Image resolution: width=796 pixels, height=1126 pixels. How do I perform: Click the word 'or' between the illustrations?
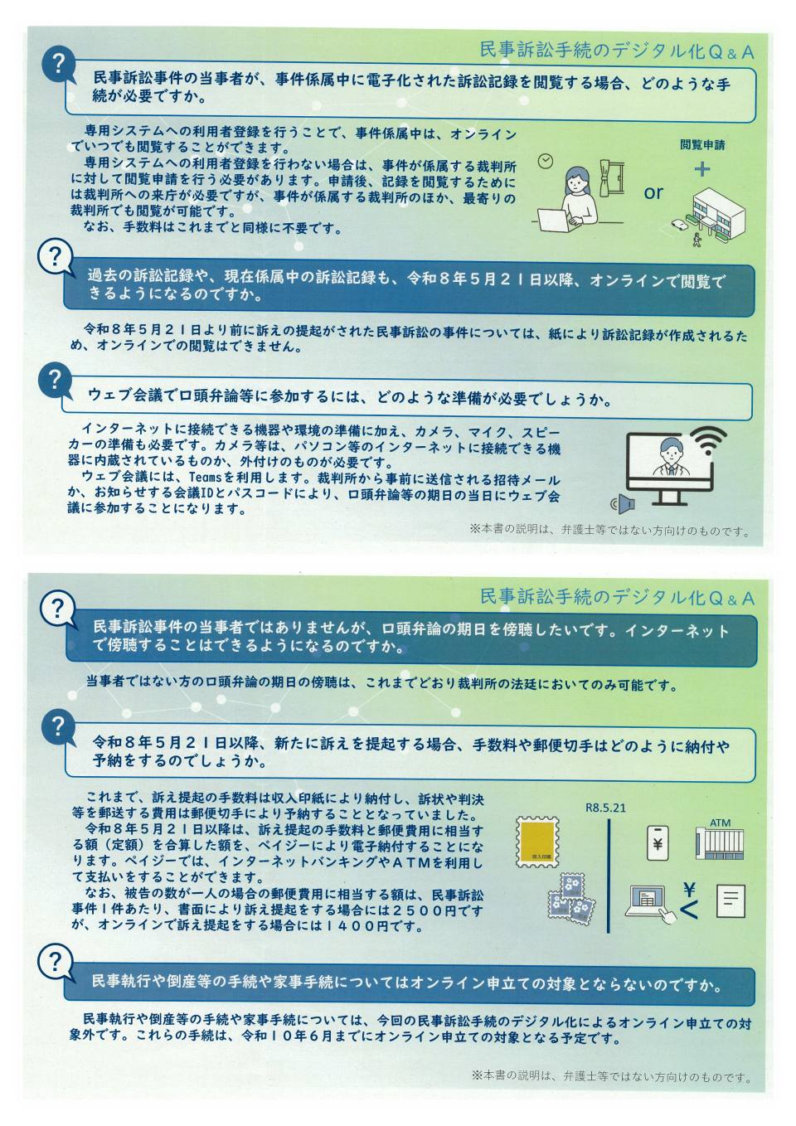[653, 192]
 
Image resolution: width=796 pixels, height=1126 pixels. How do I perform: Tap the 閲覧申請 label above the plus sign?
[702, 145]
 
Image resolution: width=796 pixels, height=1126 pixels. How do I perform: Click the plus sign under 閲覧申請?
[702, 169]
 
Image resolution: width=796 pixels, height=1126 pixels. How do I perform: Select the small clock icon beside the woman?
[546, 162]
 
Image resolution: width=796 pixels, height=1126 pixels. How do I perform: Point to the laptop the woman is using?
[556, 220]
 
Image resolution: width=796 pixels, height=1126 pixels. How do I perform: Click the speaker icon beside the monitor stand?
[623, 503]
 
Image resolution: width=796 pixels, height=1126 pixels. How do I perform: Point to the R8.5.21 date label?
[605, 808]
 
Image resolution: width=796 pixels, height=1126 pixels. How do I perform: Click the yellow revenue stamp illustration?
[538, 842]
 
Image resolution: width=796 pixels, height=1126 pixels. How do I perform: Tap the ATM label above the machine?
[720, 823]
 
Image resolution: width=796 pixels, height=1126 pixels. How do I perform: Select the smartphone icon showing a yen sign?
[658, 843]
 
